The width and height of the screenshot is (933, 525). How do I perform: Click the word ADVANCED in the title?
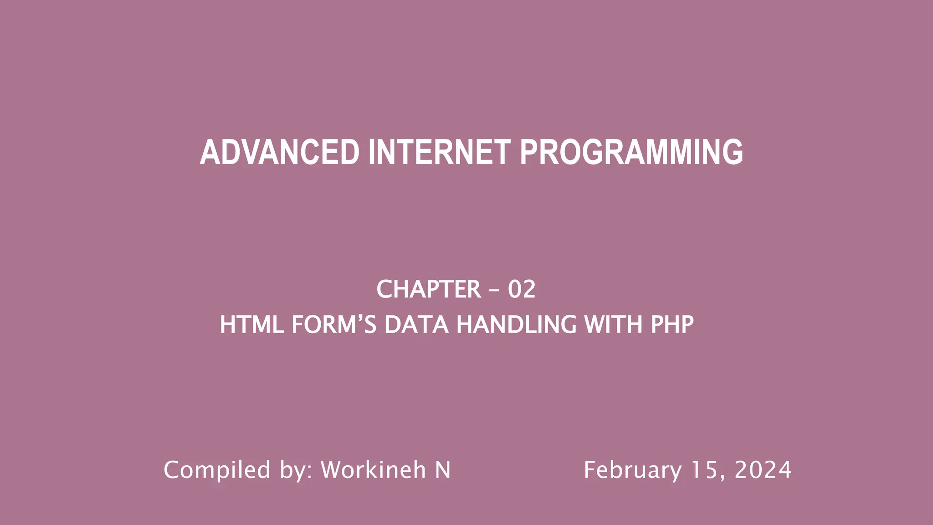280,152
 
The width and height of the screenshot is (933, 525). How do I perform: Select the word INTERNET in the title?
439,152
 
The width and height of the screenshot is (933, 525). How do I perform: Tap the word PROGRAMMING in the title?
631,152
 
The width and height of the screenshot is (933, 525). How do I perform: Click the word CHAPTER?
429,289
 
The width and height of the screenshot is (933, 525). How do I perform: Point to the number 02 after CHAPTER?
522,289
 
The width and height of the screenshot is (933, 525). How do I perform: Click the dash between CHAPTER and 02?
494,290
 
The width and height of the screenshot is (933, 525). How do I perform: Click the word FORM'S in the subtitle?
334,325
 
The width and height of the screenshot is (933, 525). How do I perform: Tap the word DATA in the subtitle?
416,325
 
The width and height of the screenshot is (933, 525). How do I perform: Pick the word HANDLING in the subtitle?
516,325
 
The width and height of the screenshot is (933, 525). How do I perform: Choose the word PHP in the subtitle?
672,325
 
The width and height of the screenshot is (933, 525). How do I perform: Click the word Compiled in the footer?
217,470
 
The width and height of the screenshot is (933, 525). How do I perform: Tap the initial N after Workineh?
443,470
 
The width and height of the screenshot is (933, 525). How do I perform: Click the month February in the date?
633,470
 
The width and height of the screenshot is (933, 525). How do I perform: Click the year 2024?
763,470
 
